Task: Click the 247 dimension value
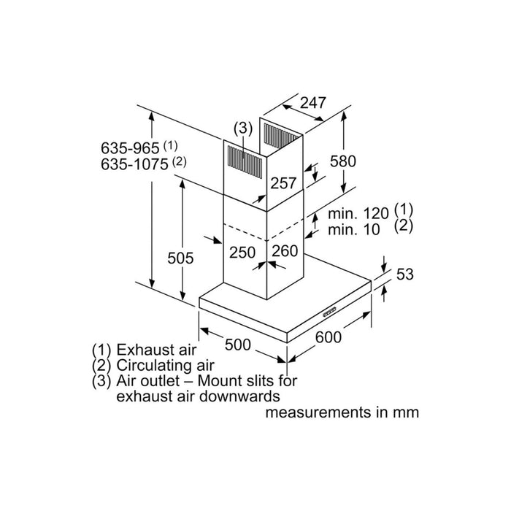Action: pyautogui.click(x=312, y=104)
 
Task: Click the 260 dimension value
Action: pyautogui.click(x=285, y=252)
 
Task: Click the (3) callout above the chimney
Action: pyautogui.click(x=242, y=128)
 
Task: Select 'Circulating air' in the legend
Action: pyautogui.click(x=166, y=365)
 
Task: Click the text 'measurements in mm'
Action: pyautogui.click(x=342, y=412)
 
